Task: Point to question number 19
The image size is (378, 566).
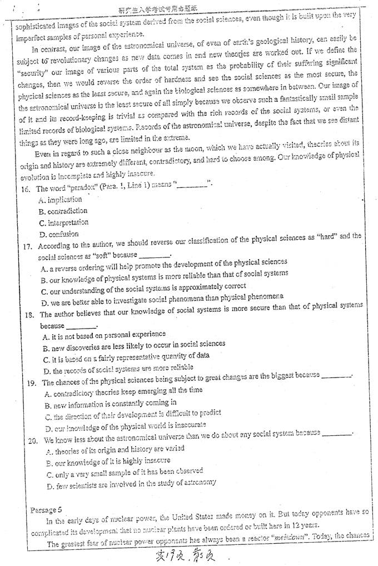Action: tap(32, 383)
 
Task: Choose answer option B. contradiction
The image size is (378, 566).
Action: tap(63, 211)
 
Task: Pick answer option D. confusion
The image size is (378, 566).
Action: tap(59, 234)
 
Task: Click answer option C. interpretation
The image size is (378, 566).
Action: tap(64, 222)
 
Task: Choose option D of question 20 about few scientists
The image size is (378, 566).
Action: tap(131, 483)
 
